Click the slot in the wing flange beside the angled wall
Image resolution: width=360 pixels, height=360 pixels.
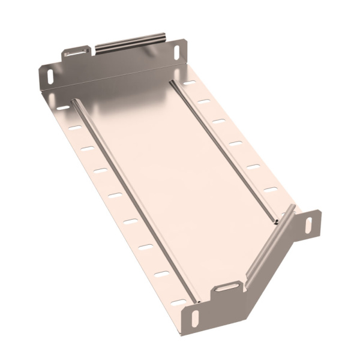point(309,226)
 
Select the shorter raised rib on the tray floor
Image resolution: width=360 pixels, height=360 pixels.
point(224,151)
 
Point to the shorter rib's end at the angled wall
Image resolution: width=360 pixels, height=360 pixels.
point(277,221)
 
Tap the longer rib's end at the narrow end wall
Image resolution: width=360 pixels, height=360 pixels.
point(196,298)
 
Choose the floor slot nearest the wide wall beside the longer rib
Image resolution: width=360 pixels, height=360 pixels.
point(63,108)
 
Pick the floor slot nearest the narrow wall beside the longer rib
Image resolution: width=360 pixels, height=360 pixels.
point(179,302)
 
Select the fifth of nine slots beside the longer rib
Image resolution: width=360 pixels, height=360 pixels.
point(115,195)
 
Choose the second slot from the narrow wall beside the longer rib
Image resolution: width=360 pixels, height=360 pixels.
point(162,274)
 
